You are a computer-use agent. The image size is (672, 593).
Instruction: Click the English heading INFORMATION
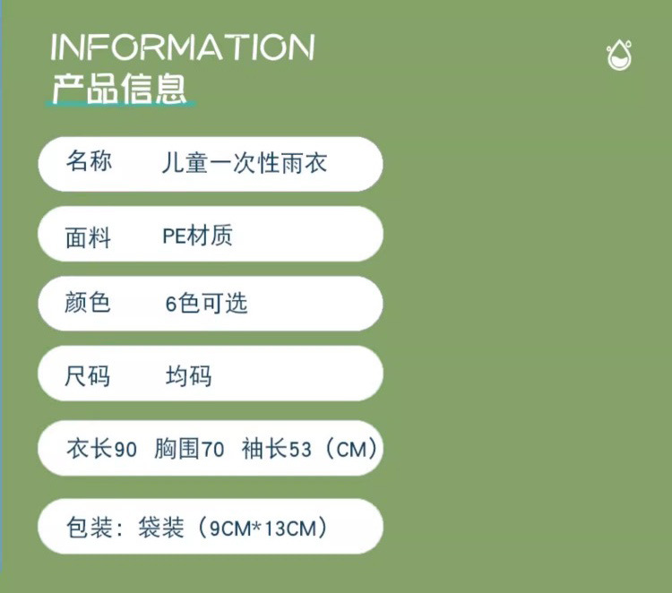click(x=183, y=47)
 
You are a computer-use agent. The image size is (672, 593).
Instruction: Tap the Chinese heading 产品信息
click(x=119, y=89)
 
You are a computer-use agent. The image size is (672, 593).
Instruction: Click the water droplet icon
click(x=619, y=55)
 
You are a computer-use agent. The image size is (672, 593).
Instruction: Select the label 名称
click(x=89, y=161)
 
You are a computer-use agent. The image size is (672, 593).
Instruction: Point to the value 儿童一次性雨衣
click(x=245, y=163)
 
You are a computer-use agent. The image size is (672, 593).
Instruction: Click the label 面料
click(x=88, y=237)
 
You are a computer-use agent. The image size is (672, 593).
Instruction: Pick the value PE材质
click(x=198, y=236)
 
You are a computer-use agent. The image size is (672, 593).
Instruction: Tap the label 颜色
click(x=88, y=303)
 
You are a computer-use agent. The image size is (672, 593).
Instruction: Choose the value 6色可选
click(x=206, y=304)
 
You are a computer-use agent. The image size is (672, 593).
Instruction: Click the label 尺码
click(x=88, y=375)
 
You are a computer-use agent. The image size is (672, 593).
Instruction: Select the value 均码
click(x=188, y=375)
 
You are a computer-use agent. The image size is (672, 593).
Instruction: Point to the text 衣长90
click(x=101, y=449)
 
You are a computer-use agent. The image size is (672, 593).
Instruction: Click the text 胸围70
click(x=189, y=449)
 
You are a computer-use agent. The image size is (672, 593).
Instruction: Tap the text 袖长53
click(x=277, y=449)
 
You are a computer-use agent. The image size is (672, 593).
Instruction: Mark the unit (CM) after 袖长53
click(x=350, y=450)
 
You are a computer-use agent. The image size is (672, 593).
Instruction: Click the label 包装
click(x=89, y=527)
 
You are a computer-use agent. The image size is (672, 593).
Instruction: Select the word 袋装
click(x=160, y=527)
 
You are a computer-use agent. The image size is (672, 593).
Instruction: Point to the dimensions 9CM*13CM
click(x=263, y=529)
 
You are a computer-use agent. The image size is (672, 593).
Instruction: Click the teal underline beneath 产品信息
click(x=120, y=103)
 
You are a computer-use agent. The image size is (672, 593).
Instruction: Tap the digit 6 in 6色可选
click(x=171, y=305)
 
